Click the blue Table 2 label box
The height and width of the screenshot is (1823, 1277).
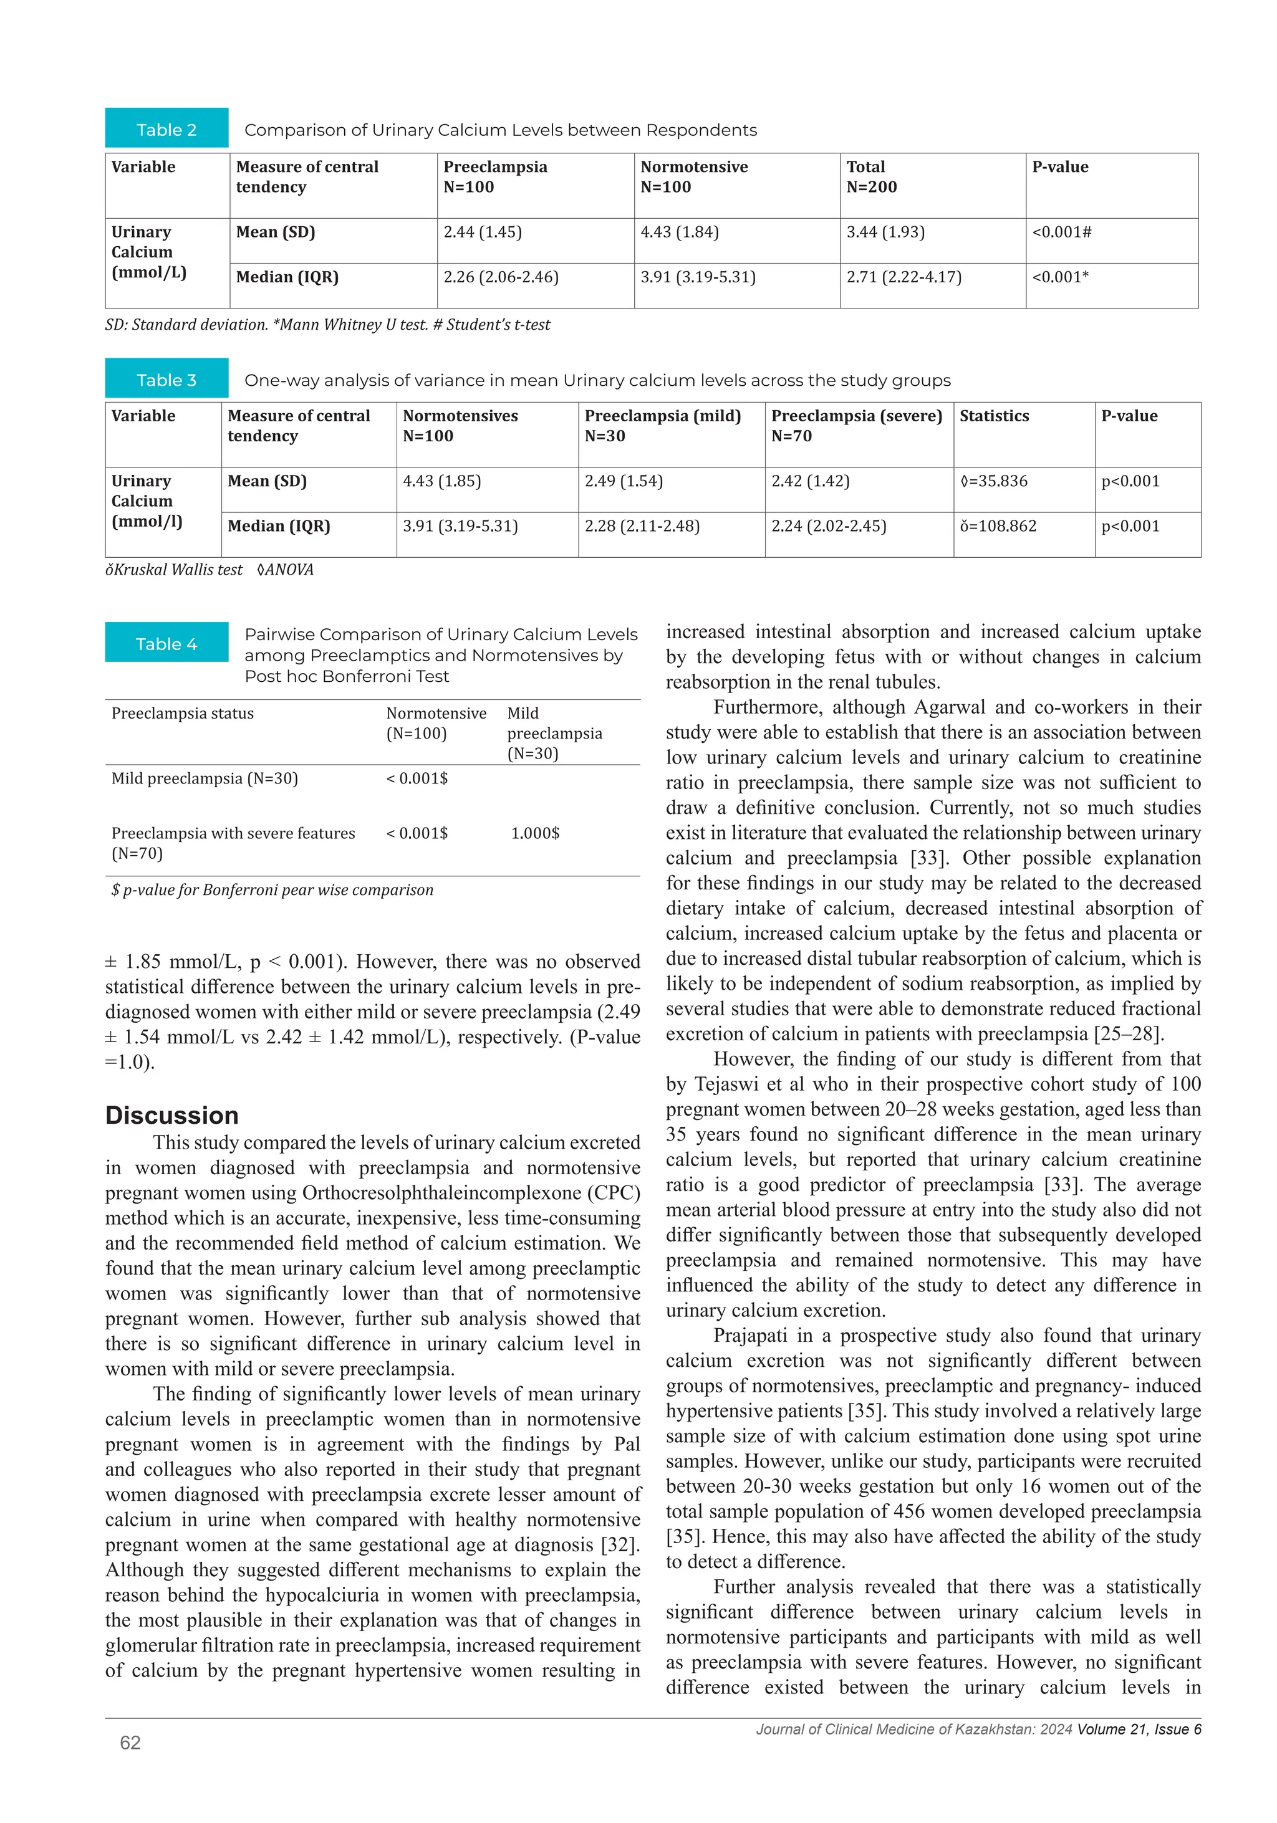[166, 128]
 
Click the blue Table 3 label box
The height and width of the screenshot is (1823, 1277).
[166, 379]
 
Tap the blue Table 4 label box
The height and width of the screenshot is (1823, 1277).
[166, 643]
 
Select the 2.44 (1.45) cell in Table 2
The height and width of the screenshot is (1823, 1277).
[482, 232]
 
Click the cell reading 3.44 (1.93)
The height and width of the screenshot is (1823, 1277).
[885, 232]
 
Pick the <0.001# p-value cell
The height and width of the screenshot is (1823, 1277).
[1061, 232]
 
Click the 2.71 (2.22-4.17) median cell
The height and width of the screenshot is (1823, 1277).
[903, 277]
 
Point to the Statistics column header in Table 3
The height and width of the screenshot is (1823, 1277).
[993, 415]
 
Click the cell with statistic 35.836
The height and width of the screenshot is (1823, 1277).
[993, 481]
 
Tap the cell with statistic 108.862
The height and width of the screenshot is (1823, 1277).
[998, 525]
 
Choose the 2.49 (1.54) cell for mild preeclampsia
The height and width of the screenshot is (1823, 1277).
[623, 481]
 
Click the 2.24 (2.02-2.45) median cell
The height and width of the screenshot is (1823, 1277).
[828, 525]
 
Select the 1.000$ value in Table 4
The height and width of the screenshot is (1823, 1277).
[534, 832]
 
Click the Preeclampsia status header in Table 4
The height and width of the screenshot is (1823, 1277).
[183, 712]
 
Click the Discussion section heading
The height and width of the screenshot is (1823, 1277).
[171, 1115]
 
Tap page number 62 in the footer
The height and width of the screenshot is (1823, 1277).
[130, 1741]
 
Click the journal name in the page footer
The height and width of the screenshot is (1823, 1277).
[913, 1728]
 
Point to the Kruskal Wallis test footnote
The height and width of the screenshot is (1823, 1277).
[174, 569]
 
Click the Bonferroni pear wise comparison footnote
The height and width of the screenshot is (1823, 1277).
[272, 889]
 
